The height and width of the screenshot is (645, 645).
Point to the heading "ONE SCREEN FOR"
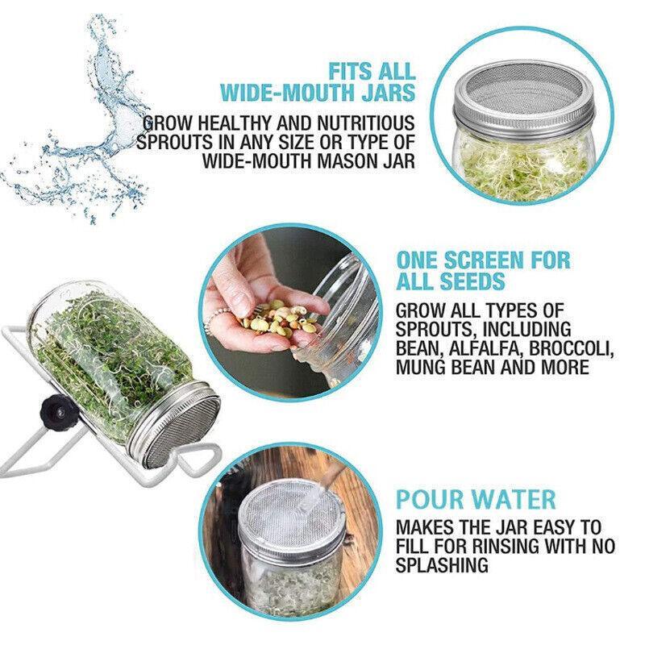(483, 260)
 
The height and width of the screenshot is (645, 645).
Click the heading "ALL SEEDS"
(451, 282)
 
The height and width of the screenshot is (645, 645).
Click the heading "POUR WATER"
(475, 498)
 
